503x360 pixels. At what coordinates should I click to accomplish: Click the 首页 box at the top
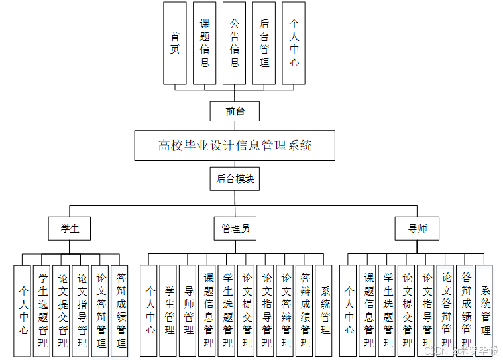175,42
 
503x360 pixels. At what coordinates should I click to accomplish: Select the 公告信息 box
235,42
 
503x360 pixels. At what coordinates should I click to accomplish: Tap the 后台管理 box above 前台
264,42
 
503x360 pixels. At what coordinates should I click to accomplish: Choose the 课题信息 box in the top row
205,42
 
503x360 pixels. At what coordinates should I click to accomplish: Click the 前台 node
235,111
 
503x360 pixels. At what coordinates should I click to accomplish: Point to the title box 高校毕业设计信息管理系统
235,146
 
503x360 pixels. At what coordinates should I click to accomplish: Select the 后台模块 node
235,179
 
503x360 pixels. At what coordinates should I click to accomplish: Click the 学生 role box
70,229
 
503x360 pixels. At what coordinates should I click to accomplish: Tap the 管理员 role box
235,229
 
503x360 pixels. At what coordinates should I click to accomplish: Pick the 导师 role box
418,229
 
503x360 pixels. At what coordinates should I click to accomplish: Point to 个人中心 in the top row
294,42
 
